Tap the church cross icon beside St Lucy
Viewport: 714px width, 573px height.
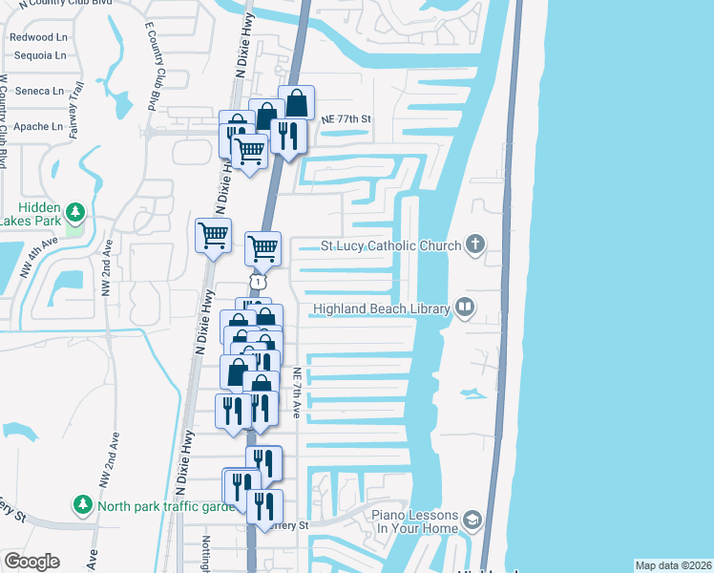pos(474,244)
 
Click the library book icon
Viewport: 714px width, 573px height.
pos(465,308)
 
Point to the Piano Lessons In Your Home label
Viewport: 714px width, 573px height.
pos(415,521)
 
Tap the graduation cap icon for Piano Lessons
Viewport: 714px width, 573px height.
pos(471,520)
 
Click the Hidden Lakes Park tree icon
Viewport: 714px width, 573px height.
pos(74,211)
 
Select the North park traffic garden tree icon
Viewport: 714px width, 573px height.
pos(83,503)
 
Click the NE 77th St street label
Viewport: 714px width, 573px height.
pos(341,119)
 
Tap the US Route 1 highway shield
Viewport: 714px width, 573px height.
pos(256,281)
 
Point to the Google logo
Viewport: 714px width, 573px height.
pos(31,562)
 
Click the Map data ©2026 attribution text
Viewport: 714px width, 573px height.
pos(673,565)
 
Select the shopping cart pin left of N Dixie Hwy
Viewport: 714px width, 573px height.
pos(213,235)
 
